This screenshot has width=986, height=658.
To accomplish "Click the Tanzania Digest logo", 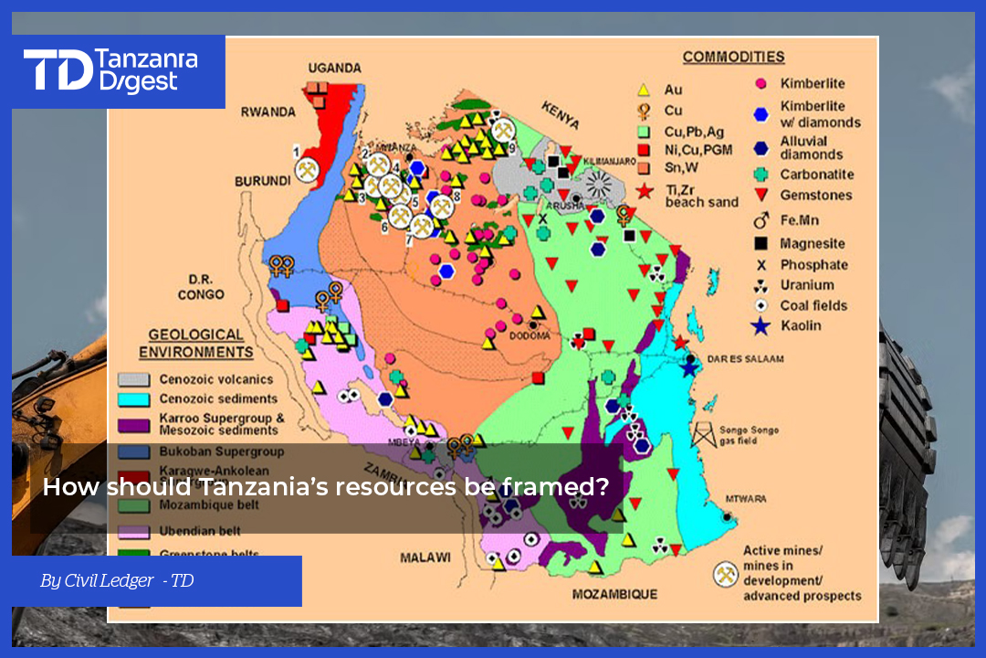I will click(x=110, y=70).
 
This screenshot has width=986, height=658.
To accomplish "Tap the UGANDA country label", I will click(x=334, y=69).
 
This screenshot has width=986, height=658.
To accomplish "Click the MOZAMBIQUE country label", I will click(x=614, y=595).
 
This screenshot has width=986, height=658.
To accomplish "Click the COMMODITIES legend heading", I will click(x=733, y=58).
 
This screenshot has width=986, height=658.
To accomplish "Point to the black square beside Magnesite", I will click(x=760, y=244).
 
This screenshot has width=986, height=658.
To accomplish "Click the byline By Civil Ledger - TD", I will click(x=117, y=581).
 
